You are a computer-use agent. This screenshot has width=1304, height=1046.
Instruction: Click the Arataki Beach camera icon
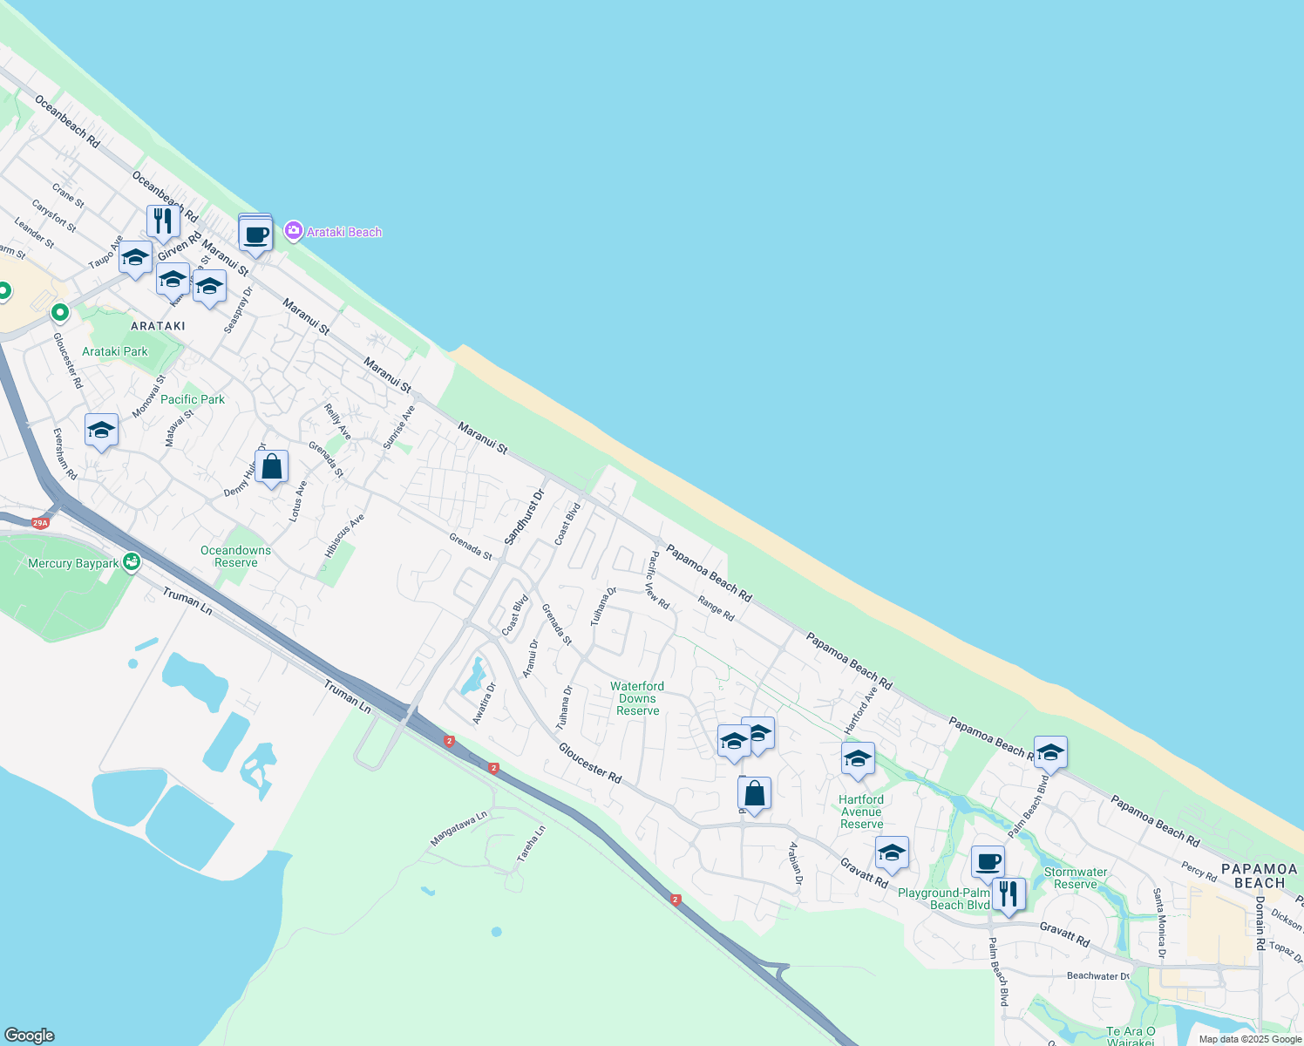coord(294,231)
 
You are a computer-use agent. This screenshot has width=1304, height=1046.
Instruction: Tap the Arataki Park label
coord(115,351)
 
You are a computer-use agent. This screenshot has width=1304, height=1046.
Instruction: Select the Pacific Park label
coord(193,399)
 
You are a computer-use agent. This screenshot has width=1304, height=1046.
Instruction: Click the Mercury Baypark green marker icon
coord(131,562)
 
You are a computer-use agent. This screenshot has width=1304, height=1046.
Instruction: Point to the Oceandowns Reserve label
coord(235,556)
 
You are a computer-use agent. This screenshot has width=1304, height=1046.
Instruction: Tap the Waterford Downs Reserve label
coord(637,698)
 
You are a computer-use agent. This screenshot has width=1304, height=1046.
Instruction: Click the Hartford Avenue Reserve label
coord(861,812)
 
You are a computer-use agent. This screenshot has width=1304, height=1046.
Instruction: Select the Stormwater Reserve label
coord(1076,878)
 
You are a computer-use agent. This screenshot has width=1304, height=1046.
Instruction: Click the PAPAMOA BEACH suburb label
coord(1260,875)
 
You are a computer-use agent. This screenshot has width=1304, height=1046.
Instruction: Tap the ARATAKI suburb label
coord(158,326)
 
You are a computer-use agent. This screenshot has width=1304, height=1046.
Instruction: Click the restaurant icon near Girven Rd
coord(163,222)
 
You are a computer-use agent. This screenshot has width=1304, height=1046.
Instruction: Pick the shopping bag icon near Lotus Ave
coord(271,467)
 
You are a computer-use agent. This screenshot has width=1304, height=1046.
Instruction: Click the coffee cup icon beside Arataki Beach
coord(255,234)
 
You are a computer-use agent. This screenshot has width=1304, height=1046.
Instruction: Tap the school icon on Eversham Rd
coord(102,430)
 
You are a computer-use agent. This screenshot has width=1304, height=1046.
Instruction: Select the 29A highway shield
coord(40,523)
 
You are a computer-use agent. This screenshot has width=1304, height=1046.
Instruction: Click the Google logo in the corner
coord(30,1036)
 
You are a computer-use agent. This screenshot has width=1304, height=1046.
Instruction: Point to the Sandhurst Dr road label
coord(525,517)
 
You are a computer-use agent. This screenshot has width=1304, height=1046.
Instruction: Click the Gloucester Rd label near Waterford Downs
coord(590,763)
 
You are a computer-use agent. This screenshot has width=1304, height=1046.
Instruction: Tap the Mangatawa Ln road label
coord(458,829)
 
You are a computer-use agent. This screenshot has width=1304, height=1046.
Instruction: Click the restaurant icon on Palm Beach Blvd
coord(1008,894)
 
